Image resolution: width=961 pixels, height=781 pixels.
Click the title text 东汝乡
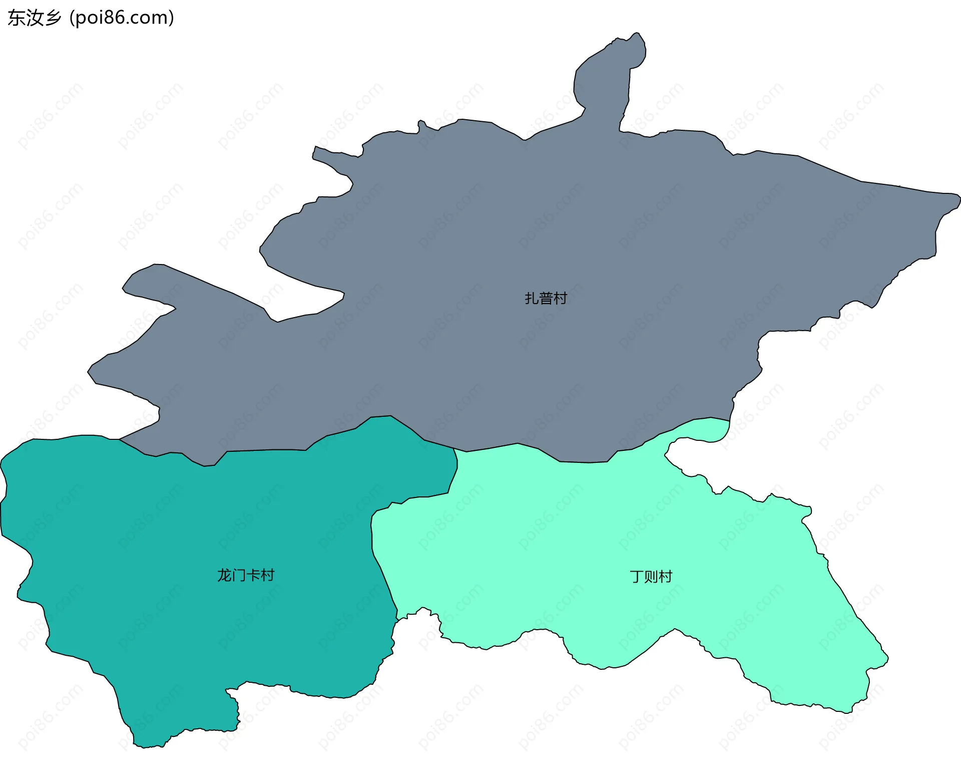[x=34, y=18]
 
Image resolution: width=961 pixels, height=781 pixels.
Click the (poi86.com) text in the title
[x=122, y=18]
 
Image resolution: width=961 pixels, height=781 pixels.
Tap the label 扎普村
[x=546, y=299]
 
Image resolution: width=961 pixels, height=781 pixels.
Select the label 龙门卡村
[x=246, y=575]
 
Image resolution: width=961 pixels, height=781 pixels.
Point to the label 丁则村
[x=651, y=577]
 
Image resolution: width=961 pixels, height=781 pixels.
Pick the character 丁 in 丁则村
[x=637, y=577]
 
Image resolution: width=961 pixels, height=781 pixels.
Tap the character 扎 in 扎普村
[x=532, y=299]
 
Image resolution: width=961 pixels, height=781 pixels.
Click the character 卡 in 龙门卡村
[x=253, y=575]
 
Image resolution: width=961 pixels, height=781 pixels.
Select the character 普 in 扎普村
[x=546, y=299]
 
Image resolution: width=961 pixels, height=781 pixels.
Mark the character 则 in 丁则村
[x=651, y=577]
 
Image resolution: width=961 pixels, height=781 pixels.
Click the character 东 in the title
[x=16, y=18]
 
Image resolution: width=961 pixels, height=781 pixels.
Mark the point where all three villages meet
[x=454, y=449]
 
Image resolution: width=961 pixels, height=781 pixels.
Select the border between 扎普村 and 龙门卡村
[x=265, y=450]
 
